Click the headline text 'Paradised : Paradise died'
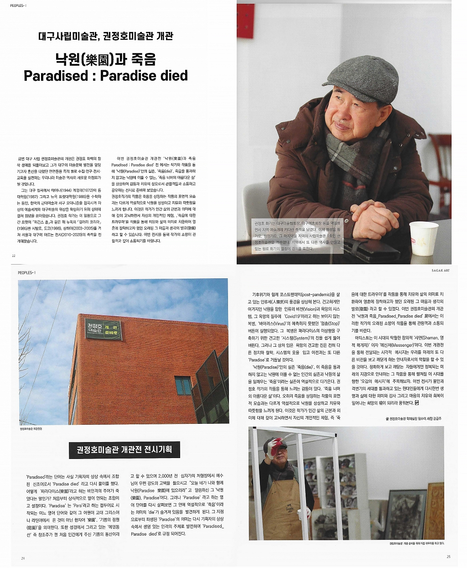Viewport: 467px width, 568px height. pos(105,76)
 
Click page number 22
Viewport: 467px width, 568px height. pos(14,256)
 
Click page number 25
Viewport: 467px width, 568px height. pos(448,557)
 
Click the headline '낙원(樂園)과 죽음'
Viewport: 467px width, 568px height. pos(105,59)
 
